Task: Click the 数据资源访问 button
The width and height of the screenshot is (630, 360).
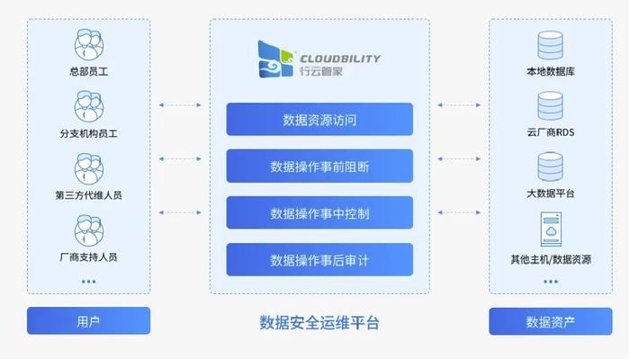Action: pos(319,119)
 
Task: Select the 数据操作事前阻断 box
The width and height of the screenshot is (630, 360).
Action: pos(319,166)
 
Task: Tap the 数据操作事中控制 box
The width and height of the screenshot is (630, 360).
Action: pos(319,213)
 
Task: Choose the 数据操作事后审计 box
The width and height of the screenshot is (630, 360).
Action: pos(319,260)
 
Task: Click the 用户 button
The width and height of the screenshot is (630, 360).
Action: pos(88,321)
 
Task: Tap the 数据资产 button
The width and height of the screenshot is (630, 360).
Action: pos(550,321)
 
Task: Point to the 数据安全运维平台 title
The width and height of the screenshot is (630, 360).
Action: pos(319,321)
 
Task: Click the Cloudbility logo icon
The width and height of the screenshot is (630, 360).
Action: pos(274,59)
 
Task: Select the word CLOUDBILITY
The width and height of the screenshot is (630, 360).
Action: pos(339,58)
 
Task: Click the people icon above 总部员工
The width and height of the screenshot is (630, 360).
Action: pos(88,44)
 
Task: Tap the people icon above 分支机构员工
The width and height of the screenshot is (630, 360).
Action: pos(88,106)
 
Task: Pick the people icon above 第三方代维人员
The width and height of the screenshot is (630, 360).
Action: pos(88,168)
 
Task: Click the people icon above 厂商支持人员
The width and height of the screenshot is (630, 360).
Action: pos(88,229)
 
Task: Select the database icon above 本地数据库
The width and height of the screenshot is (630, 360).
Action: pos(550,46)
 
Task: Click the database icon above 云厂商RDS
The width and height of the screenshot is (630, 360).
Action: pos(550,106)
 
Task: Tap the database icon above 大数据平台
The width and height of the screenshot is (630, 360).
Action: pos(550,167)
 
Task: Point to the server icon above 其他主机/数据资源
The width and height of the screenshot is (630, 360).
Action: pos(550,229)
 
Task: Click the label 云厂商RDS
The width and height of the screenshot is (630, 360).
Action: pos(550,132)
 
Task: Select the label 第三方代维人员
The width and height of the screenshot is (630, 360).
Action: pos(88,194)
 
